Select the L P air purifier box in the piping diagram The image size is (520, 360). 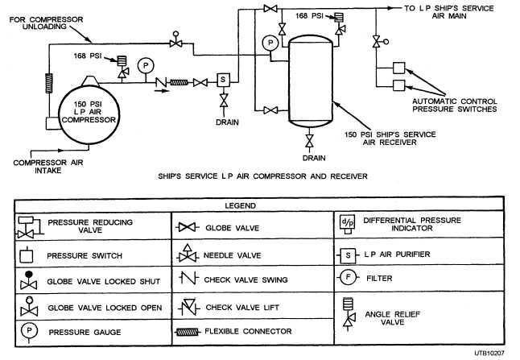pos(224,78)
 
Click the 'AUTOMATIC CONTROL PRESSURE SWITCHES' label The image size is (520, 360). pos(453,105)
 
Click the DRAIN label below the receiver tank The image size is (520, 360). pos(313,158)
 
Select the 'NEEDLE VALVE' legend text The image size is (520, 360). pos(231,255)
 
